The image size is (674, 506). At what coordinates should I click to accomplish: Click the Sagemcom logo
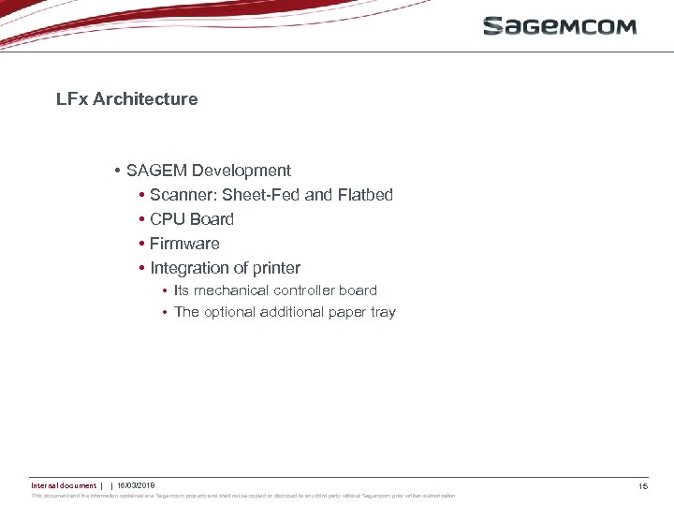[560, 25]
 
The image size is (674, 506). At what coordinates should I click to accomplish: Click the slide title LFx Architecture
[126, 98]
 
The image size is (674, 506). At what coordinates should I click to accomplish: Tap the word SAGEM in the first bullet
[156, 171]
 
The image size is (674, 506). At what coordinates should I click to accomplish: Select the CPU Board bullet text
[192, 219]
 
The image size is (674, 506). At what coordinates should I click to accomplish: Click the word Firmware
[184, 244]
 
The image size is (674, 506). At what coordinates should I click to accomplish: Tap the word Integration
[192, 268]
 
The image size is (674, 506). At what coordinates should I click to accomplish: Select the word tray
[383, 312]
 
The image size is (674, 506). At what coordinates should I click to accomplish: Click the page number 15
[643, 486]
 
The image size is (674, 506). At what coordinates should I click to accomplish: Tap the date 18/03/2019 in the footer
[136, 485]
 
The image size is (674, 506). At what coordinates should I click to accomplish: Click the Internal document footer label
[63, 485]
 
